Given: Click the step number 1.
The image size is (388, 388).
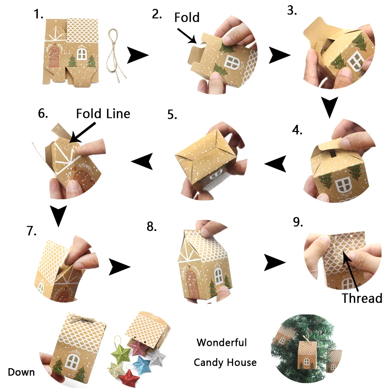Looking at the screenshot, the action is pyautogui.click(x=38, y=15).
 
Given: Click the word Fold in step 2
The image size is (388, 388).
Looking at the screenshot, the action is pyautogui.click(x=187, y=17).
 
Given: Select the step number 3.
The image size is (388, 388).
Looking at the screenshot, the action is pyautogui.click(x=292, y=11).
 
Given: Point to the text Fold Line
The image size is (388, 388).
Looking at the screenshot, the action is pyautogui.click(x=103, y=114).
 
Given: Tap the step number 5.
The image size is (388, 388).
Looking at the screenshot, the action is pyautogui.click(x=172, y=115).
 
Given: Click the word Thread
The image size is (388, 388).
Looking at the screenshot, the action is pyautogui.click(x=362, y=298).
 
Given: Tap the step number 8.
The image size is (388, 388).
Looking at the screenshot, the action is pyautogui.click(x=152, y=227).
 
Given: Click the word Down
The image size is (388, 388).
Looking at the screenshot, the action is pyautogui.click(x=21, y=372).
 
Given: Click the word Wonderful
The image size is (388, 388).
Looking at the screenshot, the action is pyautogui.click(x=221, y=343).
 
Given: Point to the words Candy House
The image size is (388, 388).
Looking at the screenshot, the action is pyautogui.click(x=225, y=362).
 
